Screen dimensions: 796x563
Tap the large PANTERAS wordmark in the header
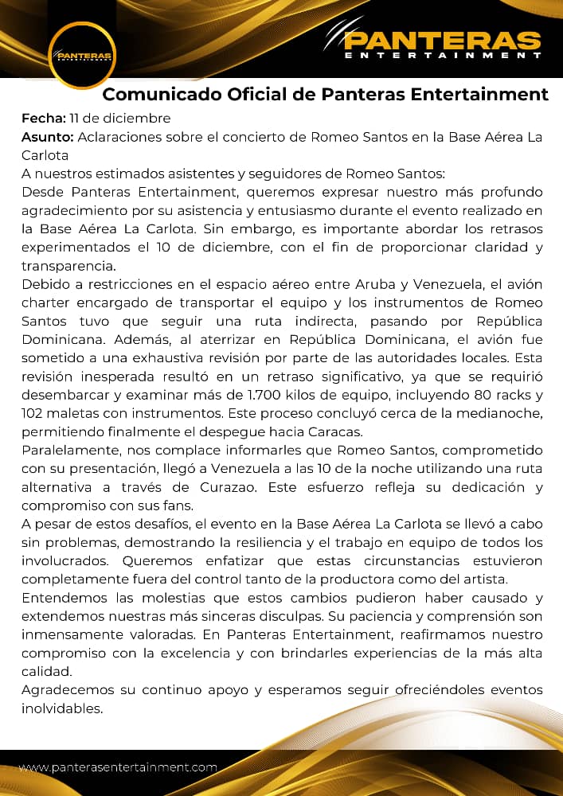pos(443,40)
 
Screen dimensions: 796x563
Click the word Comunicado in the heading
pos(153,95)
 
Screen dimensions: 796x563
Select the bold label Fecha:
pos(42,119)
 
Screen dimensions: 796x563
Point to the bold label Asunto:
pos(47,137)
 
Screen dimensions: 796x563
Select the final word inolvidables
pos(62,708)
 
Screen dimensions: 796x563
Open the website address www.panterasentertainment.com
pos(118,768)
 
